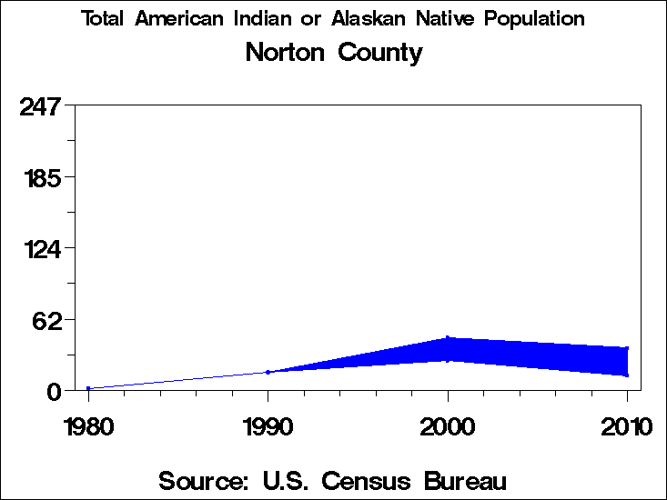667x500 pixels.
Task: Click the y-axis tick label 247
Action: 40,106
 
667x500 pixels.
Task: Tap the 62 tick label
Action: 47,320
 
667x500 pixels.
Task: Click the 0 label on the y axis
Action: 54,392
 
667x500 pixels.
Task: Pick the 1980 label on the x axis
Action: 88,426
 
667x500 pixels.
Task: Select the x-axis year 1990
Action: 268,426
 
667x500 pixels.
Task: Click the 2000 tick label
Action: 448,426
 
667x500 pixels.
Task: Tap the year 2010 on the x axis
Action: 627,426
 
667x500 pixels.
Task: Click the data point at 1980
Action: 88,388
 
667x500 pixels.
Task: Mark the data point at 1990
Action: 268,372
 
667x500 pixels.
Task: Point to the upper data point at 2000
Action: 448,338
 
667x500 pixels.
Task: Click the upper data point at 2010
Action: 627,348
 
